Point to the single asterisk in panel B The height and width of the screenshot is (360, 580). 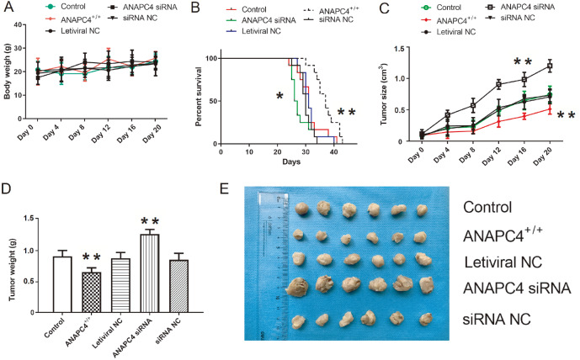[x=279, y=97]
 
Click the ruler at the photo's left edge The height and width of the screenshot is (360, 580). [x=267, y=269]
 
